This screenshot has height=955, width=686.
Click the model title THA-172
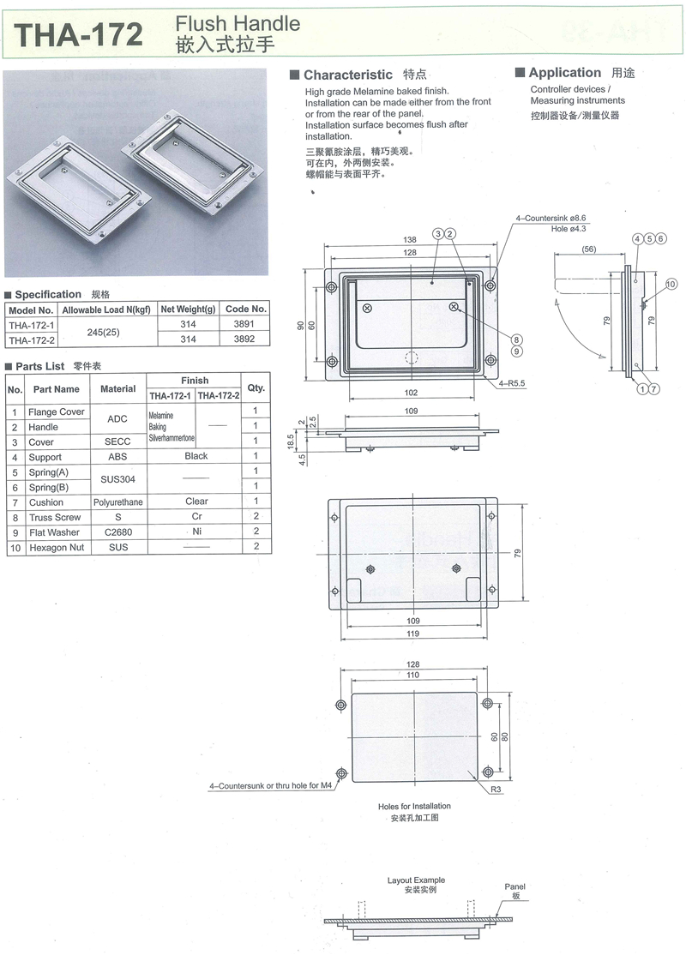pos(79,34)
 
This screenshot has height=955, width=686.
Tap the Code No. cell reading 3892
pos(244,339)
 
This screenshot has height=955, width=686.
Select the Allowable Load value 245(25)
pos(103,332)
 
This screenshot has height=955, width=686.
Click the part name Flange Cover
pos(56,411)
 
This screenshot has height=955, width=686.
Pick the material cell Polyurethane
pos(118,502)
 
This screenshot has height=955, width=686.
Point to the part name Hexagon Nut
pos(57,548)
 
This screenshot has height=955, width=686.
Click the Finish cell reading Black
pos(196,456)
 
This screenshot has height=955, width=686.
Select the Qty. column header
pos(256,387)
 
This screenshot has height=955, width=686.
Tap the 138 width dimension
pos(409,240)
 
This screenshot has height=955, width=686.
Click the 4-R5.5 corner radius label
pos(512,384)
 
